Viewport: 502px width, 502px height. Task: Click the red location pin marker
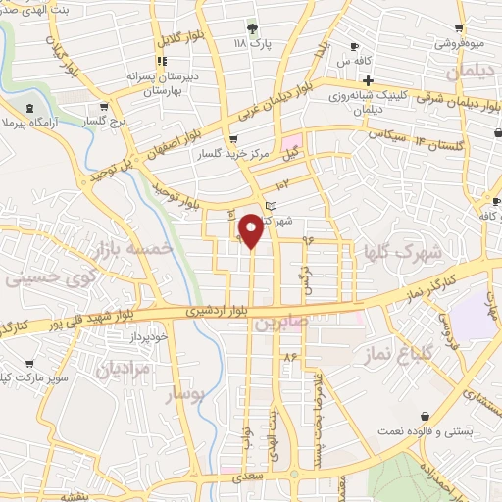252,229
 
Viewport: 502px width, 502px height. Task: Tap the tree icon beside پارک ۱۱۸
254,28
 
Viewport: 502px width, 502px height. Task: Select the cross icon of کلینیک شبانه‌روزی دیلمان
368,80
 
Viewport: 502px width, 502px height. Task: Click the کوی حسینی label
40,278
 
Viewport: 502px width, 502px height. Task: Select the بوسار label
186,394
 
